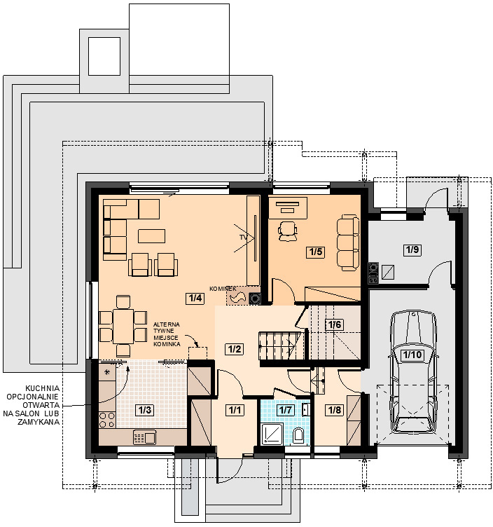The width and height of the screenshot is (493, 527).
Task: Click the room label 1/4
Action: pos(195,298)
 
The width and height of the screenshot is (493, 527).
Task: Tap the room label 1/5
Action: pos(316,252)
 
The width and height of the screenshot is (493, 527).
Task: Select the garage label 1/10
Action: pos(412,355)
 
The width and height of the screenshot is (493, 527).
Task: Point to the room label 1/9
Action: pos(412,249)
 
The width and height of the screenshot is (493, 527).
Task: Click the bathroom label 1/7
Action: pos(285,410)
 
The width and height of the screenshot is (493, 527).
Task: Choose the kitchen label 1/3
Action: pos(145,410)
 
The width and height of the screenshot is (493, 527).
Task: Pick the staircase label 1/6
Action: pos(335,324)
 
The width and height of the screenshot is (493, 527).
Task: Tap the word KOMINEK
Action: pos(223,289)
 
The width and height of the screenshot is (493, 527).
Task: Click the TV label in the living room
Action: pos(243,238)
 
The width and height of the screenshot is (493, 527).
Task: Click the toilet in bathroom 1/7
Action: pos(298,436)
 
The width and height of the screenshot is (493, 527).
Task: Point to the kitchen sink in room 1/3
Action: pos(144,437)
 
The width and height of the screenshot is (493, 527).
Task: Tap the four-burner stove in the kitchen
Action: pos(107,420)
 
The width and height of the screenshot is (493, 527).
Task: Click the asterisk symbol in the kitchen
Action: pos(107,372)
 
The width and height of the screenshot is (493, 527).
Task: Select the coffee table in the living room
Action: pos(151,236)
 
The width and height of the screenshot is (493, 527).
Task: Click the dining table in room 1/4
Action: pos(123,326)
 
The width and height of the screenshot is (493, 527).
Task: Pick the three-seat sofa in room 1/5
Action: pos(348,242)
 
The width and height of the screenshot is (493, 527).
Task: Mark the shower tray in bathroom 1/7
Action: pos(272,434)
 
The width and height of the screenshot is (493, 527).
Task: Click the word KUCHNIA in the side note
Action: pos(42,388)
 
